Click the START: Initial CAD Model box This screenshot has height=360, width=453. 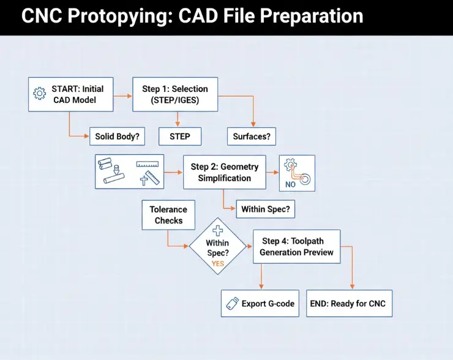pyautogui.click(x=71, y=94)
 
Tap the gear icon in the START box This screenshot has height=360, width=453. pyautogui.click(x=40, y=94)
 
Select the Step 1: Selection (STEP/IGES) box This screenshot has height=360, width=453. pyautogui.click(x=175, y=94)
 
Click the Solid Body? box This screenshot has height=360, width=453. pyautogui.click(x=117, y=136)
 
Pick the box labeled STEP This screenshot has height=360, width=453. pyautogui.click(x=180, y=136)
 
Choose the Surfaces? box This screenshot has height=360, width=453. pyautogui.click(x=252, y=136)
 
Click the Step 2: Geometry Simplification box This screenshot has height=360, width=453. pyautogui.click(x=225, y=172)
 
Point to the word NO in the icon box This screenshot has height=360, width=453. pyautogui.click(x=291, y=182)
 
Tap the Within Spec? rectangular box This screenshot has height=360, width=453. pyautogui.click(x=266, y=209)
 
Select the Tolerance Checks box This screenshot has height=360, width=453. pyautogui.click(x=168, y=215)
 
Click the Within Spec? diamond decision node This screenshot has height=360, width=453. pyautogui.click(x=217, y=247)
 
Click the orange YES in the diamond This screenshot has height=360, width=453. pyautogui.click(x=218, y=263)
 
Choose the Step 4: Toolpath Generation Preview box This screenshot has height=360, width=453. pyautogui.click(x=296, y=247)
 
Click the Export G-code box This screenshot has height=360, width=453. pyautogui.click(x=260, y=304)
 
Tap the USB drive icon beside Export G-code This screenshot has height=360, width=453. pyautogui.click(x=232, y=304)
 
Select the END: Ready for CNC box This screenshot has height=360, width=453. pyautogui.click(x=349, y=304)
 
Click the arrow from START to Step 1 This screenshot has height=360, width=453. pyautogui.click(x=123, y=95)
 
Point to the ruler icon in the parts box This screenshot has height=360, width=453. pyautogui.click(x=148, y=165)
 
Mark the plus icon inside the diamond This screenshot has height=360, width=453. pyautogui.click(x=217, y=230)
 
